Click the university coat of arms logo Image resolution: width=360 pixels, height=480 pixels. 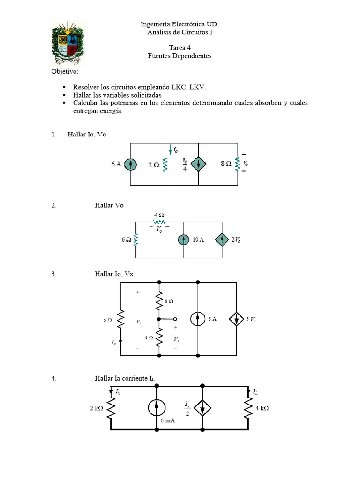point(67,43)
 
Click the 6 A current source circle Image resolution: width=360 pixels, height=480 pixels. point(130,165)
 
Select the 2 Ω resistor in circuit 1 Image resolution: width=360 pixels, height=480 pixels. point(165,165)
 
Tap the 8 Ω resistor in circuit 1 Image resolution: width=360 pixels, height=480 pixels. point(238,164)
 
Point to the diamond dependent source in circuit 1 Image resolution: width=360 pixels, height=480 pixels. point(199,165)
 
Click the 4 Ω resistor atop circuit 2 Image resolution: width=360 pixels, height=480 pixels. point(159,222)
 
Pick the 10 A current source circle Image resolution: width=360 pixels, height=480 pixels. point(184,240)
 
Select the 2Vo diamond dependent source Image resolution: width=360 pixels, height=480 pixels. point(222,240)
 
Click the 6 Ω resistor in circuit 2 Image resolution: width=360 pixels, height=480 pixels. point(135,240)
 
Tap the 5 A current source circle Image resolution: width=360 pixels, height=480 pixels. point(198,319)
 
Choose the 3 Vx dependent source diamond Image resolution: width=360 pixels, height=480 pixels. point(237,319)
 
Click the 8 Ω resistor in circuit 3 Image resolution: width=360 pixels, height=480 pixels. point(159,300)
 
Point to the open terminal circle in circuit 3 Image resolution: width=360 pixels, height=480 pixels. point(175,319)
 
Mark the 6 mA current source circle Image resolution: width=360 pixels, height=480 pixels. point(157,408)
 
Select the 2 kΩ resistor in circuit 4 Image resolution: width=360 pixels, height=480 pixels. point(111,408)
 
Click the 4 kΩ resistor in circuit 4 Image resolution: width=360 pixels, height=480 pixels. point(248,408)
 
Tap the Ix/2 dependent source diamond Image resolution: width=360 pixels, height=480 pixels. point(202,408)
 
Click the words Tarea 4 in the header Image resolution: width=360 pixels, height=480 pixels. point(180,48)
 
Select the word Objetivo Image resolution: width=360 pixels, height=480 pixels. point(65,71)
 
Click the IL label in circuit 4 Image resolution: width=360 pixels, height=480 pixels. point(255,391)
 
